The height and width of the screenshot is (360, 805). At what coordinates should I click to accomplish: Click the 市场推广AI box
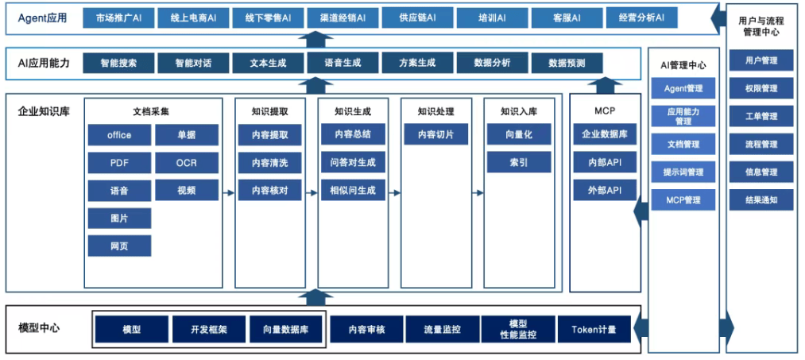pos(119,17)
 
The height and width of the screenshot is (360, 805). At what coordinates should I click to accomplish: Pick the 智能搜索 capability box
pos(118,63)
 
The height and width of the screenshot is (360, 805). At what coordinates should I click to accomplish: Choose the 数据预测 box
pos(567,63)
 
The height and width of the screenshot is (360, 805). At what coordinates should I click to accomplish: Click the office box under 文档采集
pos(119,135)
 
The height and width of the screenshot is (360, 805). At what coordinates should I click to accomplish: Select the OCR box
pos(187,163)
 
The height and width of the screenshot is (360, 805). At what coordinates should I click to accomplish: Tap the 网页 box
pos(119,246)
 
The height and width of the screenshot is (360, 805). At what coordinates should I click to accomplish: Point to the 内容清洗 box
pos(270,163)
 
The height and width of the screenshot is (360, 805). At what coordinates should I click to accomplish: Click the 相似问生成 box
pos(353,191)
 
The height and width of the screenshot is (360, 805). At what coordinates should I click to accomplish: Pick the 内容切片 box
pos(435,135)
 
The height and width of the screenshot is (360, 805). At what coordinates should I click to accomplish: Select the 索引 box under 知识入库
pos(519,163)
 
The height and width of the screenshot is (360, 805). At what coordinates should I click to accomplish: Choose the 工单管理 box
pos(760,116)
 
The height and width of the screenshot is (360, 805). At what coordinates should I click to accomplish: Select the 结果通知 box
pos(760,199)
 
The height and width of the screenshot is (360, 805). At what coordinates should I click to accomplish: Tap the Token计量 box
pos(594,329)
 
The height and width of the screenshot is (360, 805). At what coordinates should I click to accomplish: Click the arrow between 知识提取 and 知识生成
pos(312,192)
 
